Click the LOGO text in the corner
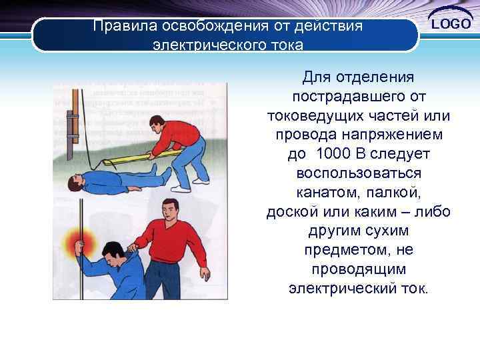452,25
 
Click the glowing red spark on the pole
75,242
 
